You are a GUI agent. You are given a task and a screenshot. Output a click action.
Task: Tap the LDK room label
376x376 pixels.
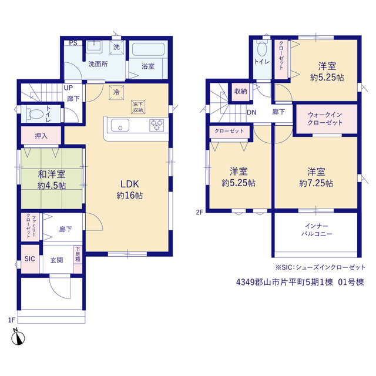coord(129,184)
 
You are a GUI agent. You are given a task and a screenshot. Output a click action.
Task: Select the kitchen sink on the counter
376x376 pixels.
coord(120,125)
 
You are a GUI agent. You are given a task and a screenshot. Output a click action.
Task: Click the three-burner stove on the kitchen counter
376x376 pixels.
coord(157,125)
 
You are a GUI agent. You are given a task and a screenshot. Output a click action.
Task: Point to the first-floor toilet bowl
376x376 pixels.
coord(35,113)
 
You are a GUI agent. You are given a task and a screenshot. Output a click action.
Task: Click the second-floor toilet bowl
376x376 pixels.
coord(262,49)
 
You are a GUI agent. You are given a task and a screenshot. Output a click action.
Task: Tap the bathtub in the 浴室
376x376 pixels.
coord(148,49)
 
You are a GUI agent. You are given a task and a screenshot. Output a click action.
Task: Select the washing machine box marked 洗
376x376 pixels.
coord(117,47)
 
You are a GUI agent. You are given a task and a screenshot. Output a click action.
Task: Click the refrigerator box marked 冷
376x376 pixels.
coord(116,92)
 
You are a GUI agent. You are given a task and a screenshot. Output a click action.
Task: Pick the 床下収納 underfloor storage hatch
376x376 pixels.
coord(138,107)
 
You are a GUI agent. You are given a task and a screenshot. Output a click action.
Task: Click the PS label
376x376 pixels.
coord(73,43)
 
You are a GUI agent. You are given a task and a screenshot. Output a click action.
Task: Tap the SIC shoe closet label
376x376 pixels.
coord(30,258)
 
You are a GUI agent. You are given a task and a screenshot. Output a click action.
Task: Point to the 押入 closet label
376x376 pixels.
coord(41,136)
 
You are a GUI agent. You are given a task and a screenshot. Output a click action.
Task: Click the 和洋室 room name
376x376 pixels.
coord(52,174)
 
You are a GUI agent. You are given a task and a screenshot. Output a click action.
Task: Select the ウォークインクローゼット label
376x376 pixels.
coord(325,119)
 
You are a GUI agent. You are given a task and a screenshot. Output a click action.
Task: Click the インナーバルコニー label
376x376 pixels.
coord(317,230)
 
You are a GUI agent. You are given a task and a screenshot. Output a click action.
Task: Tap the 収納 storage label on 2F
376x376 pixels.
coord(240,92)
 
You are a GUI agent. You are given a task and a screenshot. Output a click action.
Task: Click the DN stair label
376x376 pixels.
coord(251,112)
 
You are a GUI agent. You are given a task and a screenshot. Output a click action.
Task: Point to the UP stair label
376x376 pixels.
coord(68,88)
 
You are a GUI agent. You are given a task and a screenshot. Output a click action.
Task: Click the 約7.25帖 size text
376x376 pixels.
coord(316,183)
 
